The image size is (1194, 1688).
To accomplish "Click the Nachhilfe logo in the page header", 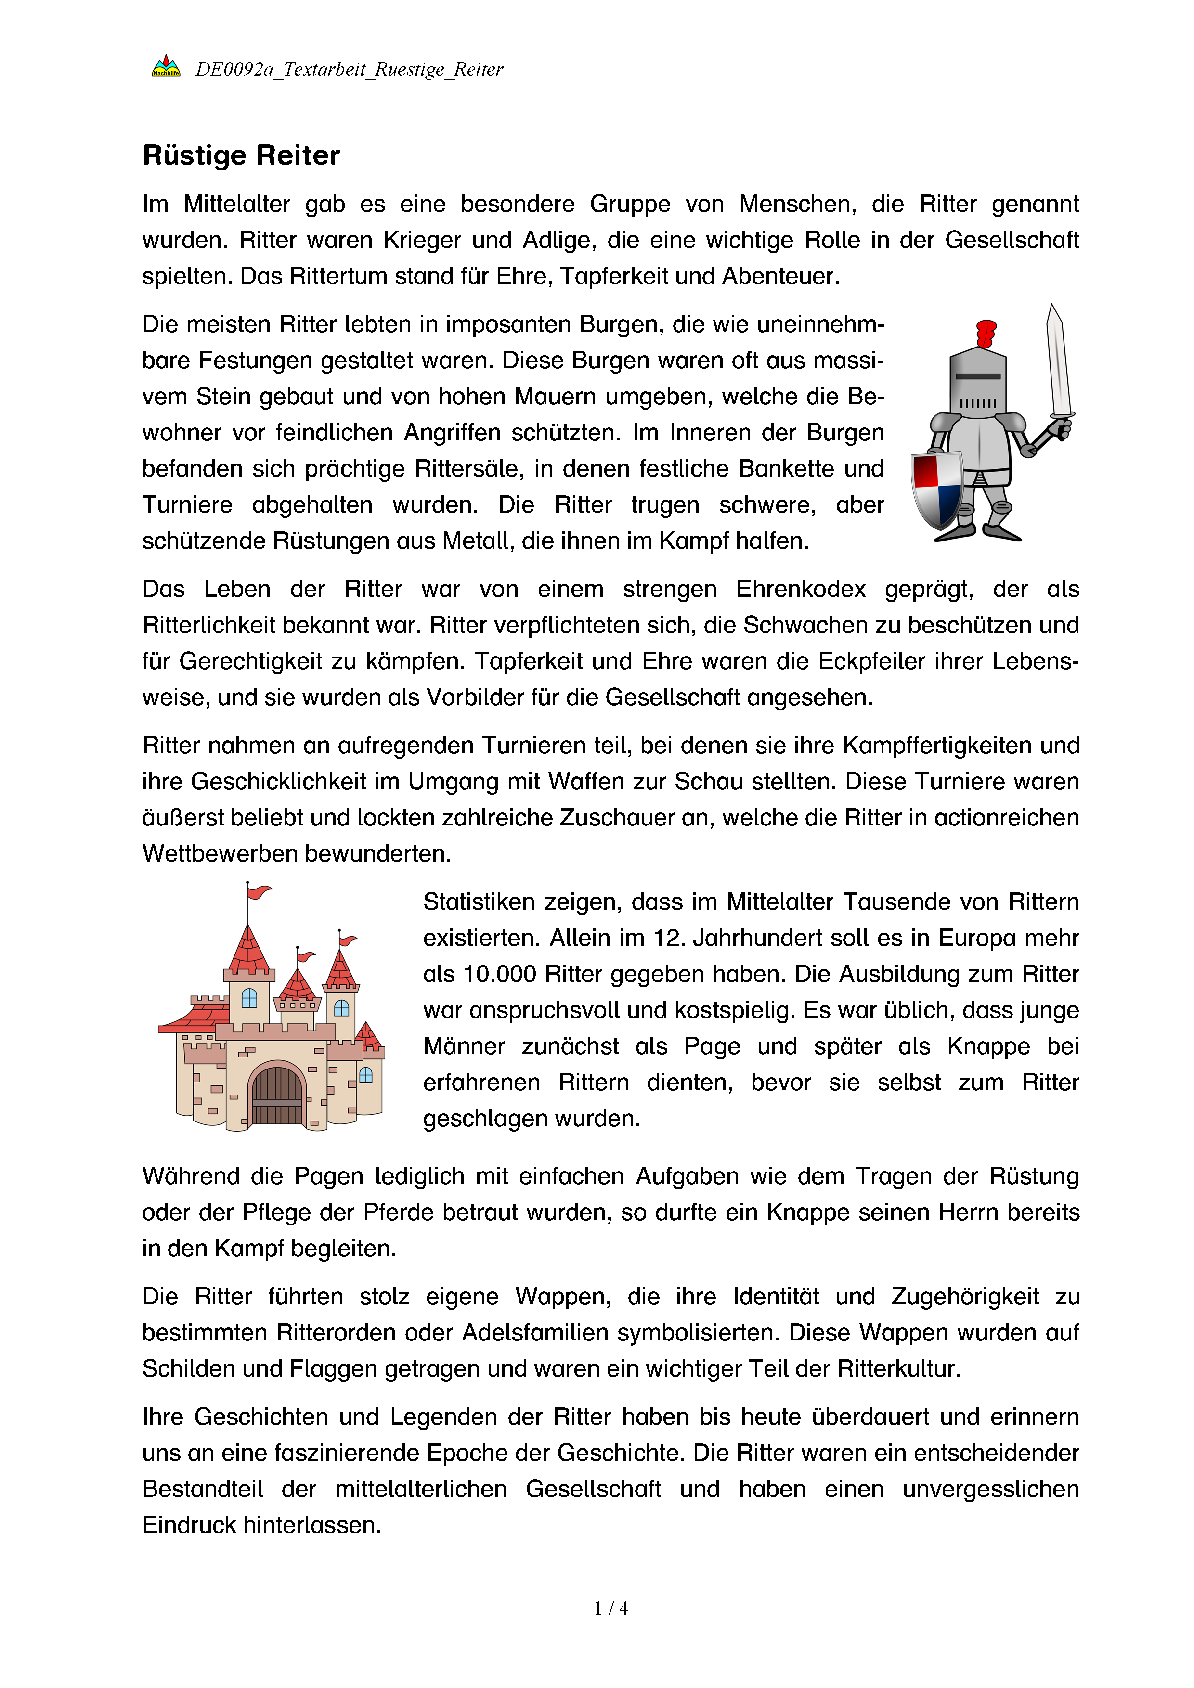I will tap(166, 66).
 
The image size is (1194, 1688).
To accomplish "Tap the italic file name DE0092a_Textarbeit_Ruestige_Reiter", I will tap(349, 69).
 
